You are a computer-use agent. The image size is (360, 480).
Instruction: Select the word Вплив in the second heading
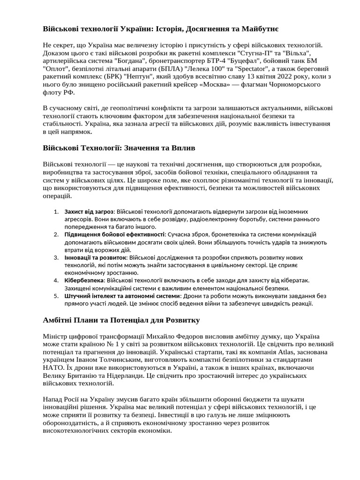pyautogui.click(x=184, y=148)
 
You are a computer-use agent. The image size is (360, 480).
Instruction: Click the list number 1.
pyautogui.click(x=56, y=212)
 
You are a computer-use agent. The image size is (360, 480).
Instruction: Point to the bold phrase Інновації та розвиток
pyautogui.click(x=96, y=257)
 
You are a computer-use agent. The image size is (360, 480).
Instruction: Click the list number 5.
pyautogui.click(x=56, y=296)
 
